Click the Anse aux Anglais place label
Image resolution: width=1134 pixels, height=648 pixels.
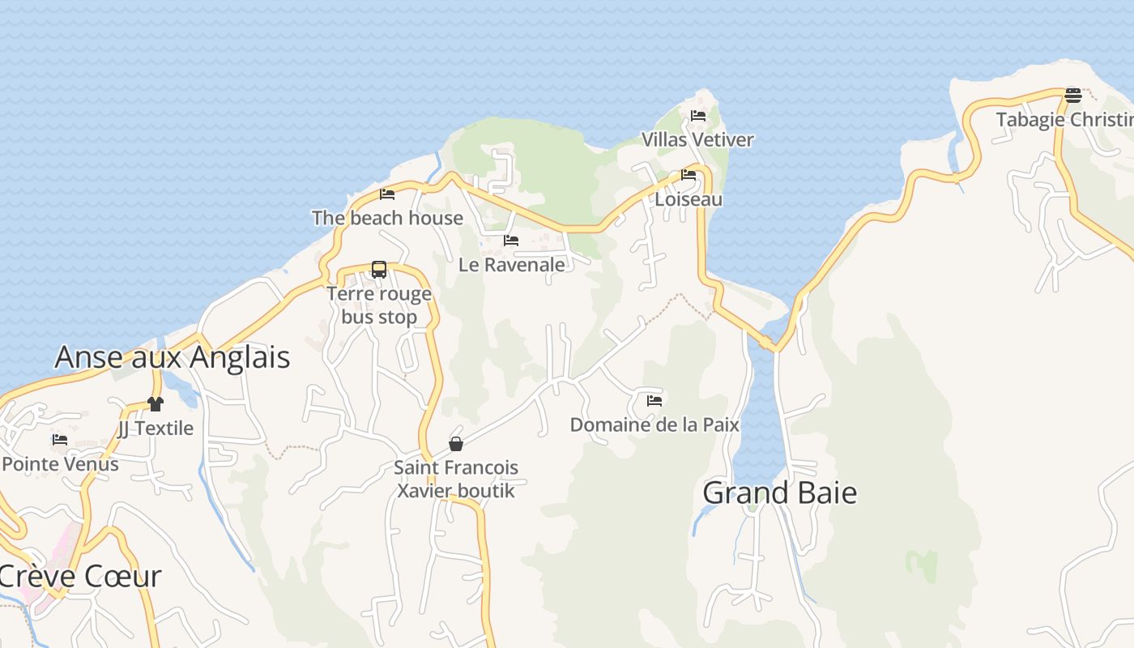[x=172, y=357]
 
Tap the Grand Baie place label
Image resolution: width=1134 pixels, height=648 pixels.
[x=779, y=492]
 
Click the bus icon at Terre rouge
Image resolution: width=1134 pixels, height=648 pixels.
[x=379, y=270]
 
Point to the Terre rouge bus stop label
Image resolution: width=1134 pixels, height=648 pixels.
[x=379, y=305]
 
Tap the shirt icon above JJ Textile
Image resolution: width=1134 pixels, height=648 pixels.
[x=156, y=403]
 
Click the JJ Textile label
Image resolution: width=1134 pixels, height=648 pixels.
[x=156, y=428]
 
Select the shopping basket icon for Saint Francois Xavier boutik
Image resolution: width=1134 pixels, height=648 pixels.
[x=456, y=444]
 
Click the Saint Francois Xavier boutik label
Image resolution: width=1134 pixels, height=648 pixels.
[x=456, y=479]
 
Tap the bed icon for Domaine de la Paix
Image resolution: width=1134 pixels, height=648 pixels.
[x=654, y=400]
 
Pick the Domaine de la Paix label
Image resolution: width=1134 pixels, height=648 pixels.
[x=654, y=424]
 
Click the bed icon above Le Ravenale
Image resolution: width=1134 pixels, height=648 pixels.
[x=511, y=241]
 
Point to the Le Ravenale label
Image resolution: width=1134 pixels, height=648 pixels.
[x=511, y=265]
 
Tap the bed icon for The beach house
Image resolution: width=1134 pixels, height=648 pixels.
[x=387, y=194]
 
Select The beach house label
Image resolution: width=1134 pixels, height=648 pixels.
[x=387, y=218]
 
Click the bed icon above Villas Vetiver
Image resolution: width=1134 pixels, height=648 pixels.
[x=698, y=116]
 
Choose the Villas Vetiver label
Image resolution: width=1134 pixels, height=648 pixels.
[x=697, y=140]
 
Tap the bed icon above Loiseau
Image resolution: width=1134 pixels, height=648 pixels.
[x=688, y=175]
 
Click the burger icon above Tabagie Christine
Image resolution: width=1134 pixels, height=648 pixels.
[x=1073, y=96]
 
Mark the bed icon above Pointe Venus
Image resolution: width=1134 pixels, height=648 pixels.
[x=60, y=440]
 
